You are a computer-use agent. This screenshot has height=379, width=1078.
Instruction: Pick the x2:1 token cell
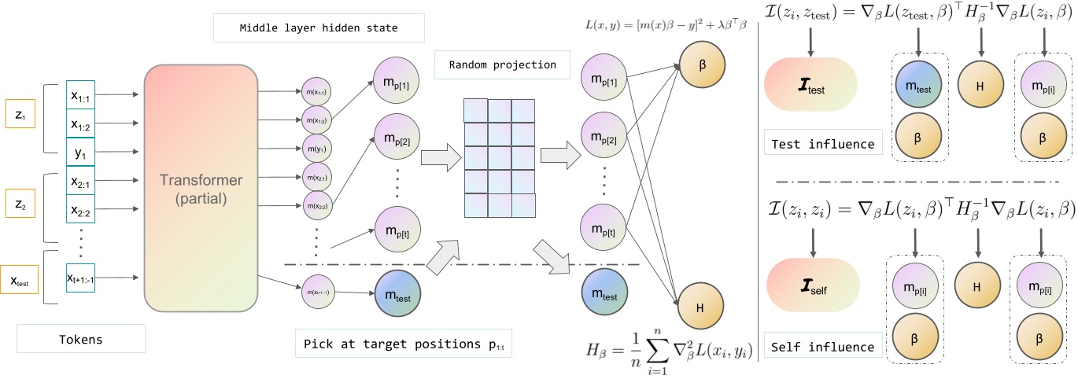81,181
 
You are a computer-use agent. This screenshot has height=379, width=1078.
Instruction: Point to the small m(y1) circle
317,148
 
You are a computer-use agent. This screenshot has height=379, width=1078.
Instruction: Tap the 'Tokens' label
81,339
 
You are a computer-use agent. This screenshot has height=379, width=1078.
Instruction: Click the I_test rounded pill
810,89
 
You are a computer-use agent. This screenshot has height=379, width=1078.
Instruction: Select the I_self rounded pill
810,289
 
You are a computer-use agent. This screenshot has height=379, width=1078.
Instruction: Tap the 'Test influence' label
822,143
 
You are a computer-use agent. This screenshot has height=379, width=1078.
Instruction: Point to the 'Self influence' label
822,346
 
